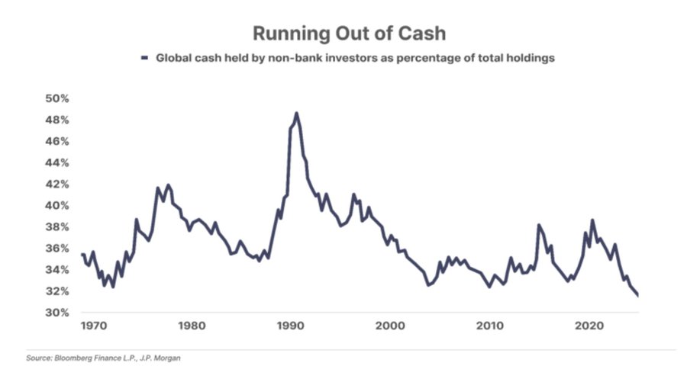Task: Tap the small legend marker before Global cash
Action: click(144, 58)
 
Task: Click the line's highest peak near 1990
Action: click(296, 114)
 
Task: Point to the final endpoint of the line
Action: click(637, 296)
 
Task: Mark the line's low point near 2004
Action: click(429, 285)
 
